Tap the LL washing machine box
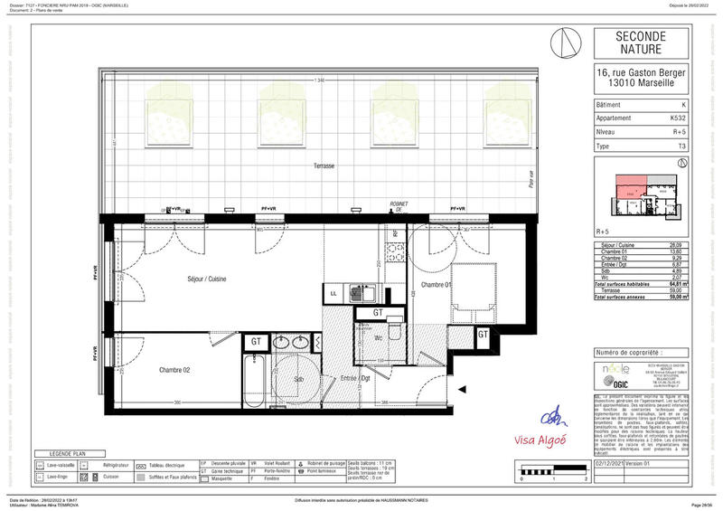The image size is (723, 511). (333, 294)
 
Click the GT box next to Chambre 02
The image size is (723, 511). (256, 341)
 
